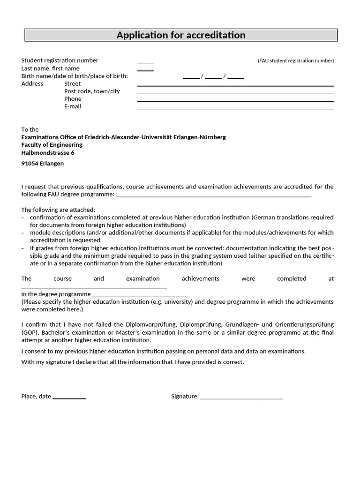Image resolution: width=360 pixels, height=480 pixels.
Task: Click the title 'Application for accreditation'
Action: (x=180, y=35)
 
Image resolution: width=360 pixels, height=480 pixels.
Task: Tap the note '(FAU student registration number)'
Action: (x=295, y=61)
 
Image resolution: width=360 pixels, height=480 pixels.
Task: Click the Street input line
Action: (x=235, y=85)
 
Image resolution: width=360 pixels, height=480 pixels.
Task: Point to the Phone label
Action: (x=73, y=99)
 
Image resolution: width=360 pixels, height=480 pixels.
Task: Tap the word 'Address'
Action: (x=32, y=84)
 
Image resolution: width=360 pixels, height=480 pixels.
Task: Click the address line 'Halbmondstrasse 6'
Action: (x=48, y=153)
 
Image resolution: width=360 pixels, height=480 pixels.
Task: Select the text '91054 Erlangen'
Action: (x=43, y=164)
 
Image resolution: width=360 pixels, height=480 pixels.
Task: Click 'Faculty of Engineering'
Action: (x=52, y=145)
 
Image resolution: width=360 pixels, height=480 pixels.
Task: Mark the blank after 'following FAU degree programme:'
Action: (x=213, y=195)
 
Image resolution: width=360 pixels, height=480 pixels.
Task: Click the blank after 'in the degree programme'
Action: (x=140, y=295)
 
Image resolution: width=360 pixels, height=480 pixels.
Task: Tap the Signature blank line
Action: (x=241, y=397)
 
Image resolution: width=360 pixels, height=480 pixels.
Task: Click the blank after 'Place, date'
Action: (x=69, y=397)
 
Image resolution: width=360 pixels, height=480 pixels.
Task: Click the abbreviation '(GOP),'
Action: (x=30, y=332)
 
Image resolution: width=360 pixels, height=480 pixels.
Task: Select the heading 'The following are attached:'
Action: (x=58, y=210)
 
